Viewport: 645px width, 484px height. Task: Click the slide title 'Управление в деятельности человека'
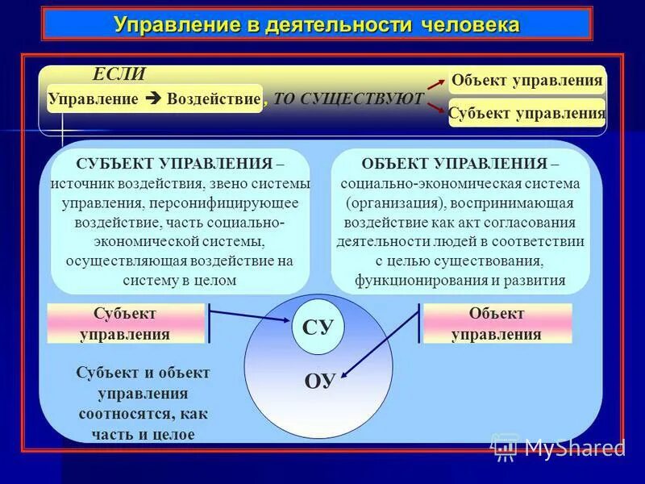[317, 24]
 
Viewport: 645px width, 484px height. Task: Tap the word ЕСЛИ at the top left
[119, 74]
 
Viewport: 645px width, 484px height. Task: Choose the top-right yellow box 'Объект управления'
[527, 80]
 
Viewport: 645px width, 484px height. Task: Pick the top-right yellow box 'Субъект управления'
[526, 113]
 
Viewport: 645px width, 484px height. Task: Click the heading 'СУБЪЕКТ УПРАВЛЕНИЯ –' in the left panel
[180, 164]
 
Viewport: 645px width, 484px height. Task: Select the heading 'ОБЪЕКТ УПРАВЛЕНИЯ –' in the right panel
[460, 164]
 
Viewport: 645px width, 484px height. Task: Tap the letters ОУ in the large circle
[319, 382]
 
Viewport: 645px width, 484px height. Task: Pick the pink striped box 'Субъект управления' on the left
[126, 323]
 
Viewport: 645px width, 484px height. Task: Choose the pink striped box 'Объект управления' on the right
[497, 323]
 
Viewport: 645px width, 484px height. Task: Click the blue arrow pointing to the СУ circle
[250, 314]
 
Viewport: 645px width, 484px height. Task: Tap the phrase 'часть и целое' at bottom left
[143, 434]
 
